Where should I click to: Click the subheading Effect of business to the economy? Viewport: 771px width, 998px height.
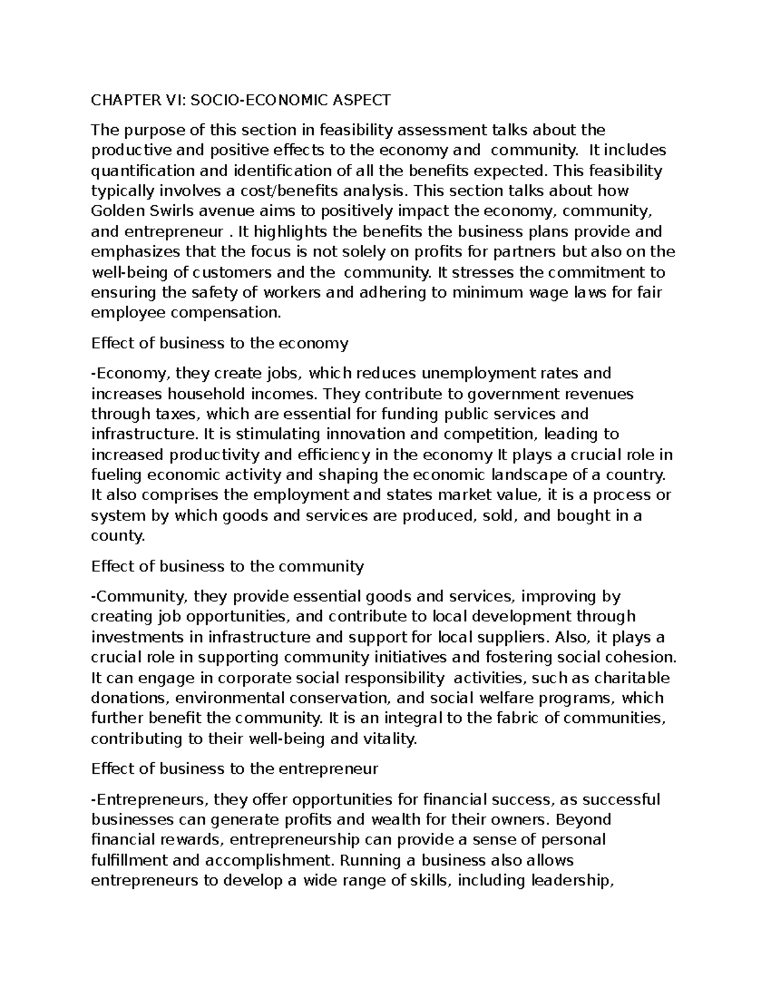click(220, 343)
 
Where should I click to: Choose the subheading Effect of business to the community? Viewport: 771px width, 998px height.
click(227, 566)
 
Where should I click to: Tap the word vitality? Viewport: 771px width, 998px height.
click(389, 739)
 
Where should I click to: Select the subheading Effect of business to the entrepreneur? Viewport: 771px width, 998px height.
click(235, 769)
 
